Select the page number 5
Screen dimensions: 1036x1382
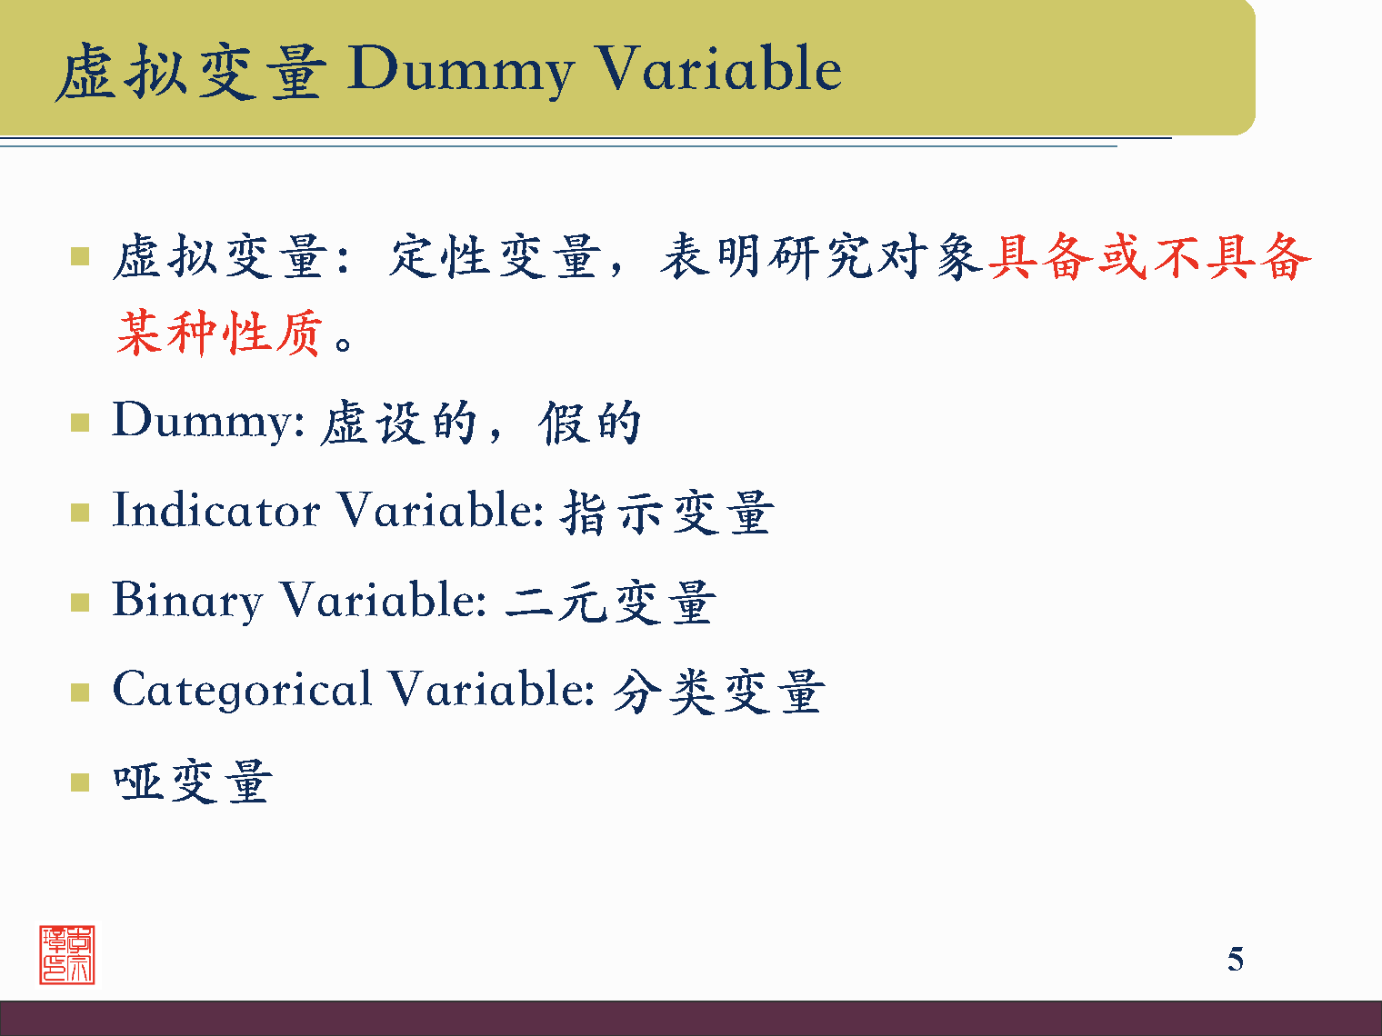point(1235,959)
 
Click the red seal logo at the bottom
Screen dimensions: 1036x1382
point(67,955)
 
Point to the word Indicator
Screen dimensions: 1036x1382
point(215,510)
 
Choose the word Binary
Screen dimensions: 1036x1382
point(187,601)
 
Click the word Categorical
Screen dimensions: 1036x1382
point(242,690)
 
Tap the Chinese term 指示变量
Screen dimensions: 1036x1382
point(666,512)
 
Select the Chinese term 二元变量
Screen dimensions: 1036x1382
point(610,602)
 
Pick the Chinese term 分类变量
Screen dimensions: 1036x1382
point(718,692)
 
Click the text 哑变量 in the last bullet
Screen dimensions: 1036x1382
point(192,782)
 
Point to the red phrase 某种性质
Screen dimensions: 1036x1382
point(219,332)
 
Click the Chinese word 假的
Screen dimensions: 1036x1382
point(590,423)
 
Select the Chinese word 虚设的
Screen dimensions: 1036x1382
point(399,423)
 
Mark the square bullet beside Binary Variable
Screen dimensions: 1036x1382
point(80,603)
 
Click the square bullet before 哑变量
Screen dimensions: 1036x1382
point(80,782)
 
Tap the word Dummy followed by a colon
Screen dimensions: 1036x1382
point(207,422)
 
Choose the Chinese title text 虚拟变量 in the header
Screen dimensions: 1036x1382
point(190,72)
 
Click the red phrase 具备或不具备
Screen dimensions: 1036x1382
point(1149,256)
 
